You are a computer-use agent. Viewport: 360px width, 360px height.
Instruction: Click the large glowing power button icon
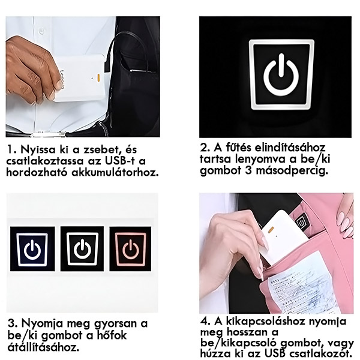point(281,74)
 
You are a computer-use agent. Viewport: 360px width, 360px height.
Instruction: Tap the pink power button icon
point(130,250)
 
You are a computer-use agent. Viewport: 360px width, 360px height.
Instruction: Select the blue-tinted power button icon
point(32,250)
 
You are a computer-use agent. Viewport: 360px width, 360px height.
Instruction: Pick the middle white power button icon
point(82,249)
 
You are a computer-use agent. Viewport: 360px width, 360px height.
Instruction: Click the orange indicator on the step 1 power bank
point(98,78)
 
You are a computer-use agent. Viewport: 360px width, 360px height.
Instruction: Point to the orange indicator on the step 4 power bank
point(271,229)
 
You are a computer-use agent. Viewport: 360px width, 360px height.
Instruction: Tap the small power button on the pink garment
point(301,222)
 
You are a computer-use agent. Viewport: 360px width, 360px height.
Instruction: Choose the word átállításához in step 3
point(43,347)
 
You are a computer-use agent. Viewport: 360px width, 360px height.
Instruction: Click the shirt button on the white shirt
point(41,30)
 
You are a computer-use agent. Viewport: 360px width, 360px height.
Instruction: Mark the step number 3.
point(12,323)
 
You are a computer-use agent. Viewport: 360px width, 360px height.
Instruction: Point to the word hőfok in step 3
point(113,335)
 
